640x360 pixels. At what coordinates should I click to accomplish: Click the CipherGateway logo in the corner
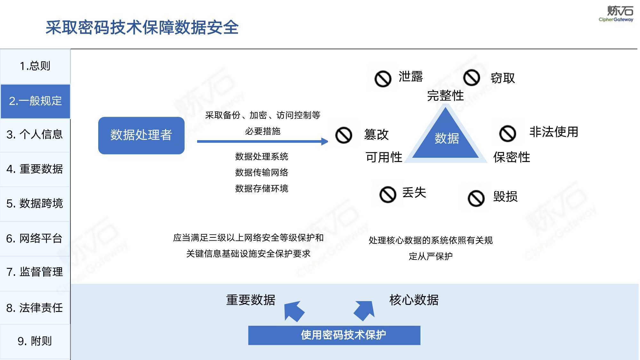(x=616, y=14)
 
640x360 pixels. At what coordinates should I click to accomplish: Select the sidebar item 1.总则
(x=35, y=66)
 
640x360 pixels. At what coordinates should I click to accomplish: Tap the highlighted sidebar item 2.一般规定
(x=35, y=101)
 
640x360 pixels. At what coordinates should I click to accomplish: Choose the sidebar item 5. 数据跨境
(x=35, y=204)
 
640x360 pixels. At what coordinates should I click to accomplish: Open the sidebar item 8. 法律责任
(x=35, y=308)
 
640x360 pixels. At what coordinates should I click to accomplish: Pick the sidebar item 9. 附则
(x=35, y=341)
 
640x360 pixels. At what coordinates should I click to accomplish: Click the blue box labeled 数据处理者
(x=141, y=135)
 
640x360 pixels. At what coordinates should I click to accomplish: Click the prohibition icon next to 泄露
(x=383, y=79)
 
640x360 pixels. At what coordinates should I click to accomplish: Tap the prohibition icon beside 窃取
(x=472, y=78)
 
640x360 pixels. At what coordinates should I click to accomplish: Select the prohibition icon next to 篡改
(x=344, y=135)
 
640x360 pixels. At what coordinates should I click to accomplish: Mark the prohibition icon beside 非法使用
(x=508, y=133)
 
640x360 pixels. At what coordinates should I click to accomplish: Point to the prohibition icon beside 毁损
(x=476, y=198)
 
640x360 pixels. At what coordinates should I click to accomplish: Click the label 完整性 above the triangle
(x=445, y=95)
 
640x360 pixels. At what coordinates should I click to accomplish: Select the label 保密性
(x=512, y=157)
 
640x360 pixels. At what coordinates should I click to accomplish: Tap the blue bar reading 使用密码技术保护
(x=334, y=335)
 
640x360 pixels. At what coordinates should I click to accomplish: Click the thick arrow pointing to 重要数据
(x=294, y=311)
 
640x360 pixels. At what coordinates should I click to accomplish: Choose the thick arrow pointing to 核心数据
(x=364, y=310)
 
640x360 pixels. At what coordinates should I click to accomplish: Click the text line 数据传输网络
(x=262, y=172)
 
